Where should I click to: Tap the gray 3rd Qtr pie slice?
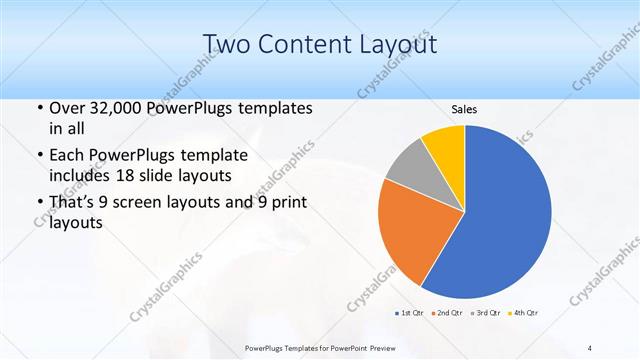tap(409, 165)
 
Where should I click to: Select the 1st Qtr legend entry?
tap(410, 313)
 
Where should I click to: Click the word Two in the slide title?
tap(227, 43)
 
